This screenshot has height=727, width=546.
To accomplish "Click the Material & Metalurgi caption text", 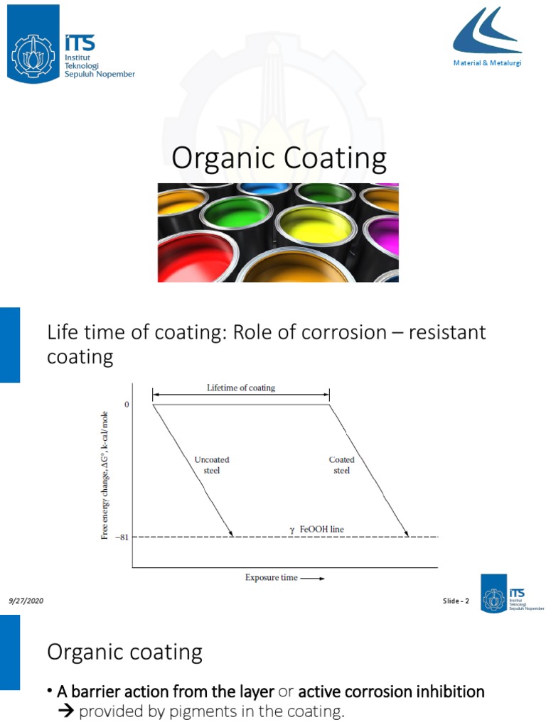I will point(488,64).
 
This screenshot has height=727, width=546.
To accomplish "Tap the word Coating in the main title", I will point(335,158).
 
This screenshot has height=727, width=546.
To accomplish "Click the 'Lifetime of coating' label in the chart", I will point(240,388).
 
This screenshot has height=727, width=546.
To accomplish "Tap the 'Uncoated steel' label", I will point(212,465).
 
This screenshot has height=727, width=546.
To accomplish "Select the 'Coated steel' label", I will point(342,465).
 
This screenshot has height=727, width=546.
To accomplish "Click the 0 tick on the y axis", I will point(127,405).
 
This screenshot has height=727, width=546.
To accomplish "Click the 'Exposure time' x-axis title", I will point(272,578).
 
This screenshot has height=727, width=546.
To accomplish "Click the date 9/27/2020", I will point(26,601).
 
